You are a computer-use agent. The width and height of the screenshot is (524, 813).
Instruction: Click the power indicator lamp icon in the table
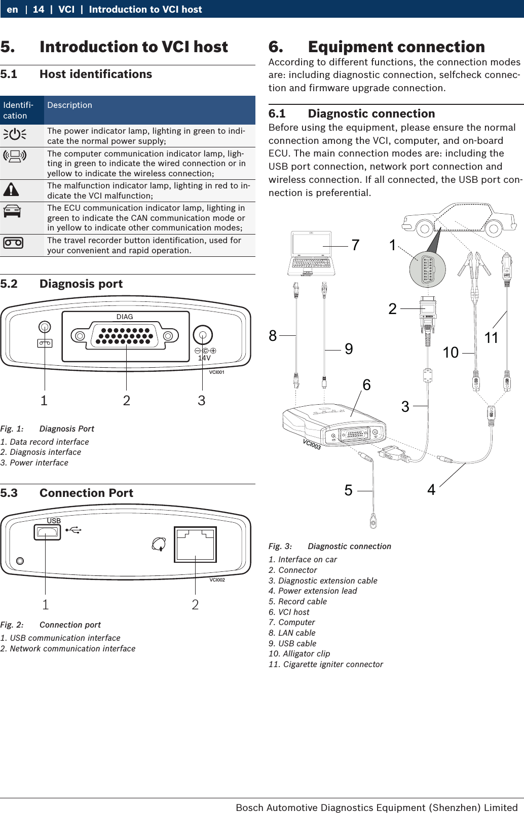[15, 135]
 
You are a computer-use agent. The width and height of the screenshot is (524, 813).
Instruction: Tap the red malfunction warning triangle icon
[11, 190]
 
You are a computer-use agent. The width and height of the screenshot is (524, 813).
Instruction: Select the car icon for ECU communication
[12, 211]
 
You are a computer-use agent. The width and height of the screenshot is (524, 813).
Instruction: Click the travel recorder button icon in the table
[13, 243]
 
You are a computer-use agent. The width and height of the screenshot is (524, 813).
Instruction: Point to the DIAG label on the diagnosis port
[125, 317]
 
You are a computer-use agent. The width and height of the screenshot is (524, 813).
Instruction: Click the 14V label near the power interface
[204, 358]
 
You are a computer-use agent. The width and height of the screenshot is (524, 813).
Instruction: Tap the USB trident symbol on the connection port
[74, 530]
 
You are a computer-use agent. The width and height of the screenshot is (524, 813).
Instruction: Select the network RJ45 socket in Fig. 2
[196, 545]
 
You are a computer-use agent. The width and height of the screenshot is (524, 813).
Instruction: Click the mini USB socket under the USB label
[47, 532]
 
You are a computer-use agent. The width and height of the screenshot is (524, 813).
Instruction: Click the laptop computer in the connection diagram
[311, 253]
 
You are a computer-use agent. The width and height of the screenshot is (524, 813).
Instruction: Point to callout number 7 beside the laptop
[355, 245]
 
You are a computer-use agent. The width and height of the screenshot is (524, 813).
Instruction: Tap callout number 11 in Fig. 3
[491, 338]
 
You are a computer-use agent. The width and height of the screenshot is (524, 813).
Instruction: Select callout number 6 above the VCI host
[366, 385]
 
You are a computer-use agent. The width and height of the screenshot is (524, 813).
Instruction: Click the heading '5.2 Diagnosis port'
[62, 284]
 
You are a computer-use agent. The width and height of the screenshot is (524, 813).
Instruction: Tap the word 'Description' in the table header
[69, 105]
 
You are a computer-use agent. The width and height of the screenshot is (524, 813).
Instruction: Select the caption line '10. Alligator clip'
[299, 653]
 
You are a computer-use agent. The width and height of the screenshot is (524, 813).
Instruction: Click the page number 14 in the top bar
[39, 9]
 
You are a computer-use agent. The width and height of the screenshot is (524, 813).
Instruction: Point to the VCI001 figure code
[216, 372]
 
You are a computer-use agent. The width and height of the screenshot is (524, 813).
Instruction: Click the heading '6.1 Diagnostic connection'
[352, 113]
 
